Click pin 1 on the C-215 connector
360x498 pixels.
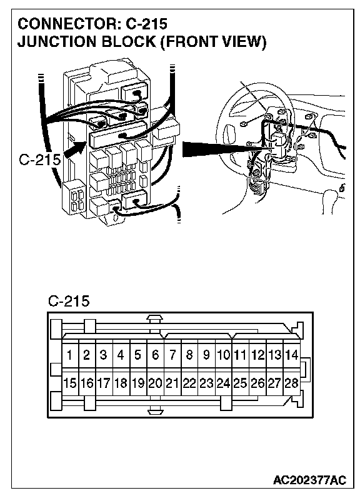coord(70,354)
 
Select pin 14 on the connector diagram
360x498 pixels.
coord(291,354)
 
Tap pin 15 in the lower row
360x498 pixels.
coord(70,383)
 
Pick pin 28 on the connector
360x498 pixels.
coord(291,383)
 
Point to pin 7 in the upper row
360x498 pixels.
coord(172,354)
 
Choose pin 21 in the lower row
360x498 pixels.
coord(172,383)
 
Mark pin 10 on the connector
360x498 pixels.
coord(223,354)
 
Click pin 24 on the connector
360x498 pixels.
coord(223,383)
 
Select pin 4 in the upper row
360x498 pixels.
coord(121,354)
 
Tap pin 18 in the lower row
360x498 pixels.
coord(121,383)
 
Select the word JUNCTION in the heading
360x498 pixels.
coord(56,42)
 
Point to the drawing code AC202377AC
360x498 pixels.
coord(309,480)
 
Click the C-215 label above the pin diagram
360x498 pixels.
coord(69,301)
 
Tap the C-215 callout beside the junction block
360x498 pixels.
coord(39,160)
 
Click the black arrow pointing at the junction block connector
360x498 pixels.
coord(75,150)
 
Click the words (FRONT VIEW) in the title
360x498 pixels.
coord(213,42)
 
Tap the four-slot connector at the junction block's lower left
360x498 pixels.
coord(74,198)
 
